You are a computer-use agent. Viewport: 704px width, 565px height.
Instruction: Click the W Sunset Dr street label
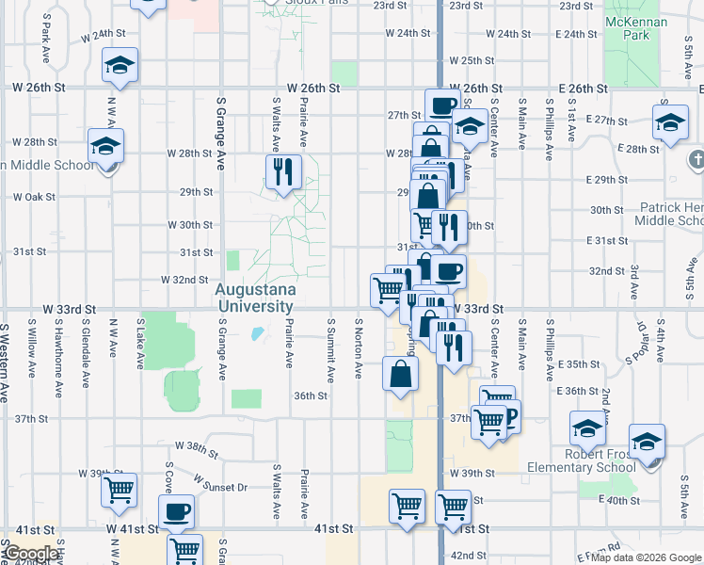[x=220, y=483]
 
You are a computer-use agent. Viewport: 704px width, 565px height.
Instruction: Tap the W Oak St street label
[x=35, y=198]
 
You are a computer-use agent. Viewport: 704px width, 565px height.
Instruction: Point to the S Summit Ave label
[x=330, y=349]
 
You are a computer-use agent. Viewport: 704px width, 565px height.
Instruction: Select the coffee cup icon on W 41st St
[x=176, y=512]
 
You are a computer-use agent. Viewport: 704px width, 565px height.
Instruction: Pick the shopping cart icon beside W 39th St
[x=120, y=489]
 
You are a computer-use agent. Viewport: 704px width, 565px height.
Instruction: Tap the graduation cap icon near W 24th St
[x=120, y=65]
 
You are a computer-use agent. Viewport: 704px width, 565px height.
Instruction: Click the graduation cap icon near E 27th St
[x=670, y=123]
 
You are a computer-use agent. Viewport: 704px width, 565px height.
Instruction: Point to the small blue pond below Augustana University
[x=257, y=332]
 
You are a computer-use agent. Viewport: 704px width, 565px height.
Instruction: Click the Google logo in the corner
[x=30, y=554]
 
